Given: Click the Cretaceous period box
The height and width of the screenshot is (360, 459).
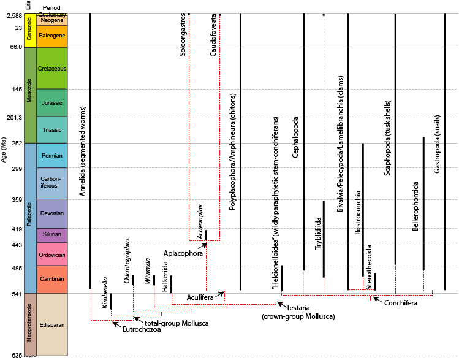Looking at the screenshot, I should (x=51, y=68).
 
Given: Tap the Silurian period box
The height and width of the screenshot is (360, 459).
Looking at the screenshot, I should (x=51, y=235).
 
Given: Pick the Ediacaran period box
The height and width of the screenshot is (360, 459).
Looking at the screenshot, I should (x=51, y=324).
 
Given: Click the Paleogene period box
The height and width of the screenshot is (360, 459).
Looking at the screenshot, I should (x=51, y=35).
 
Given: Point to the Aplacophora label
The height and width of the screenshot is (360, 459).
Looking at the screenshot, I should (x=183, y=253).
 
